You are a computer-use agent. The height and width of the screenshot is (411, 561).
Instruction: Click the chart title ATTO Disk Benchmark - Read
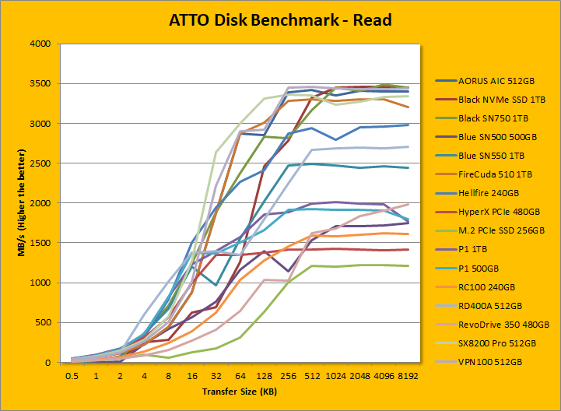tap(280, 19)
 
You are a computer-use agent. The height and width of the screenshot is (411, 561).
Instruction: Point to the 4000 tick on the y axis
tap(39, 44)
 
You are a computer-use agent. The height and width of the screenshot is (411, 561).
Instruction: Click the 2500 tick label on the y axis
tap(39, 163)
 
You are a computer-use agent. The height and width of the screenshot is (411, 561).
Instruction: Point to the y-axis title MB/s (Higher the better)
tap(14, 203)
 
